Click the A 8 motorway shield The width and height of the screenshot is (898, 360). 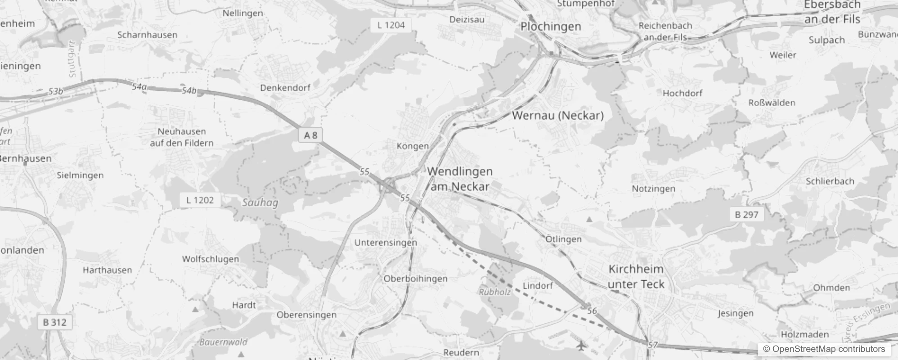pos(310,135)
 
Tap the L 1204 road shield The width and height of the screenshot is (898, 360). pos(391,25)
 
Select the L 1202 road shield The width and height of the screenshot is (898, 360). pos(200,200)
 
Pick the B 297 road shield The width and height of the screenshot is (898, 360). pos(746,215)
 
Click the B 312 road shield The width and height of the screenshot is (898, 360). pos(54,322)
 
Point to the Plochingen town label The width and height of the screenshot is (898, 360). pos(551,27)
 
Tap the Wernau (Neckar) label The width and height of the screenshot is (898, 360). pos(558,116)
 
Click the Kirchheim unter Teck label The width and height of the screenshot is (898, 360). pos(636,276)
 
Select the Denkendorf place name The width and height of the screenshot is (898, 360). pos(285,88)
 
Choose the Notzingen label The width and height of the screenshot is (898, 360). pos(653,189)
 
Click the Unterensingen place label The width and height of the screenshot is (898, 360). pos(386,243)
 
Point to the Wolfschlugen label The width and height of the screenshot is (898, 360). pos(210,259)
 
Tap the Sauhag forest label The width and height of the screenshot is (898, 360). pos(260,202)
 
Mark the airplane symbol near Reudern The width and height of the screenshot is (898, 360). pos(582,346)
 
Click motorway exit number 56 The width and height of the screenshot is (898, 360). pos(592,311)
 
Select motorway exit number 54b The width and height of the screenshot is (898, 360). pos(189,91)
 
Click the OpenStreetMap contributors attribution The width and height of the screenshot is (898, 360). pos(824,349)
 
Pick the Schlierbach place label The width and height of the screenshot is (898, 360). pos(830,181)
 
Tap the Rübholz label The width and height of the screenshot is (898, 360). pos(494,292)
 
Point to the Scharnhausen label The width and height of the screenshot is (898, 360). pos(147,35)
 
